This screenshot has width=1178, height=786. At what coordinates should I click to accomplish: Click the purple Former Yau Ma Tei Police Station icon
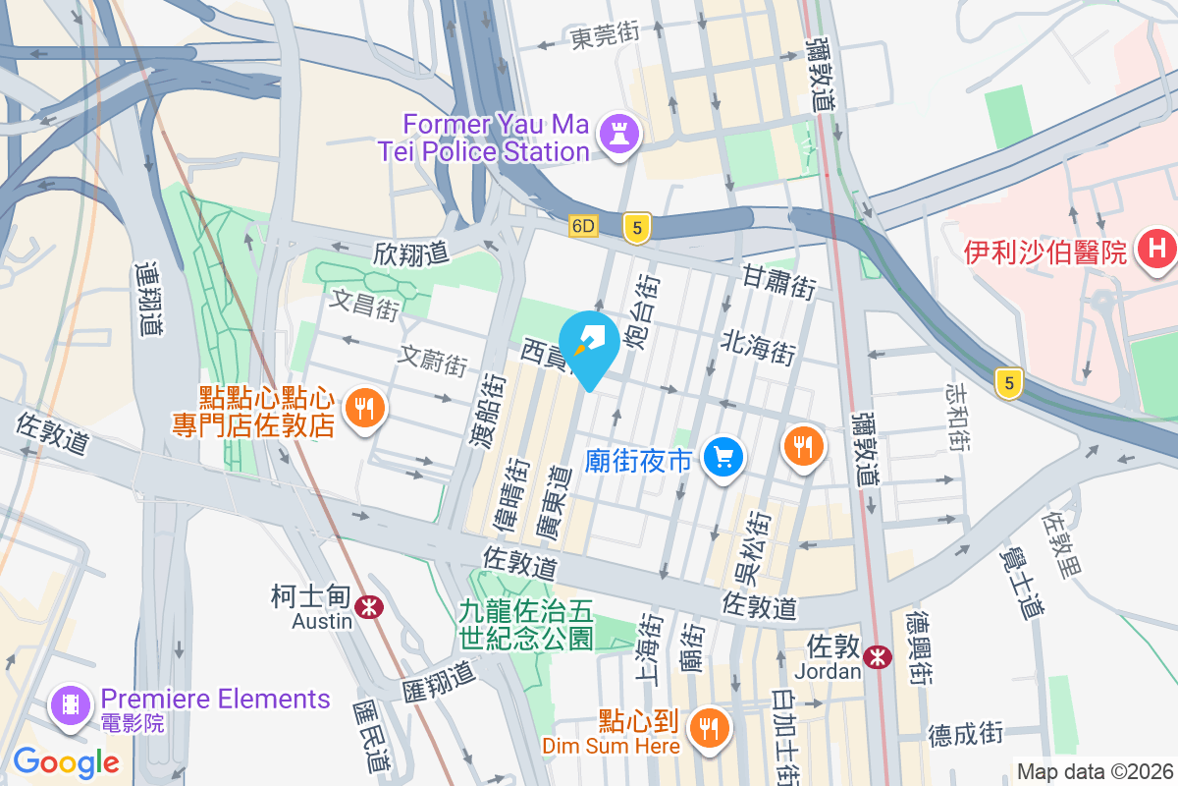pyautogui.click(x=619, y=138)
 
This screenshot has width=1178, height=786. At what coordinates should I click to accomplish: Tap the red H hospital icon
pyautogui.click(x=1156, y=251)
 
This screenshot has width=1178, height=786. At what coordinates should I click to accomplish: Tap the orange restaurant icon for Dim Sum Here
pyautogui.click(x=707, y=728)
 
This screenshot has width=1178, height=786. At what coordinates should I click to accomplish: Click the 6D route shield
pyautogui.click(x=583, y=227)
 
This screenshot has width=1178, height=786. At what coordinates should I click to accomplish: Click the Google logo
pyautogui.click(x=66, y=762)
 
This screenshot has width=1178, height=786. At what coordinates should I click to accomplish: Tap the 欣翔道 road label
pyautogui.click(x=410, y=253)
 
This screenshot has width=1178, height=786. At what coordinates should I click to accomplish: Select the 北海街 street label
pyautogui.click(x=758, y=346)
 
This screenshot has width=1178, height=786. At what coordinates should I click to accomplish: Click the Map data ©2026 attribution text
pyautogui.click(x=1095, y=772)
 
